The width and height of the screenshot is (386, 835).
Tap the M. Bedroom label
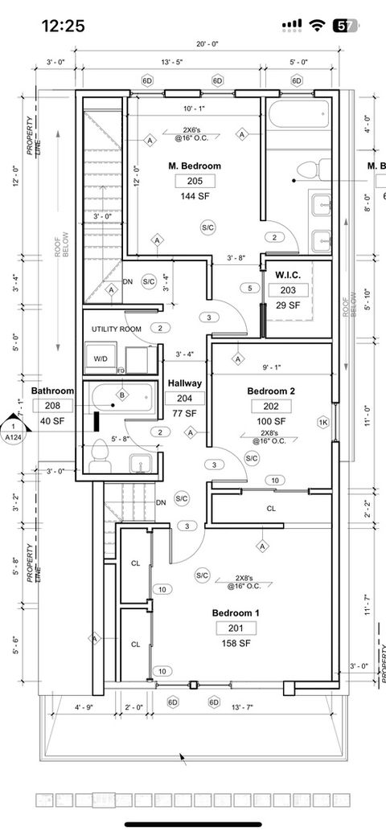click(195, 166)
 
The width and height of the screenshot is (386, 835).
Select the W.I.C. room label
click(288, 276)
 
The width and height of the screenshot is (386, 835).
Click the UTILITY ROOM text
click(117, 329)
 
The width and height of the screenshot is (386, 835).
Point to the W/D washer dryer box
click(101, 358)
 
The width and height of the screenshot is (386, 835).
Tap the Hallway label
click(184, 384)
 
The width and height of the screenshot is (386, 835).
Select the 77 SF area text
click(184, 413)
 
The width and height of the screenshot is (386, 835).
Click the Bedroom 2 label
click(271, 391)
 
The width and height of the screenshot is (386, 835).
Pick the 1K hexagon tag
click(323, 422)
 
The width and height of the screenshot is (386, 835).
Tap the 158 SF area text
click(236, 644)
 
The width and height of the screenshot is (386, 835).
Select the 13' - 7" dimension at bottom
click(243, 707)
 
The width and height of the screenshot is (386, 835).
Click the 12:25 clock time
click(63, 26)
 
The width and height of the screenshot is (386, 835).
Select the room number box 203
click(288, 291)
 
